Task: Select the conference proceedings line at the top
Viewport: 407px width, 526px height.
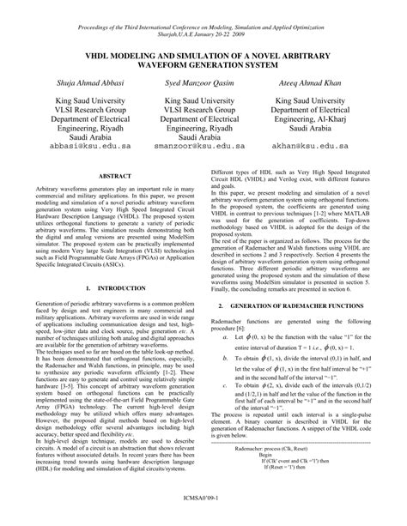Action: pos(203,13)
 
